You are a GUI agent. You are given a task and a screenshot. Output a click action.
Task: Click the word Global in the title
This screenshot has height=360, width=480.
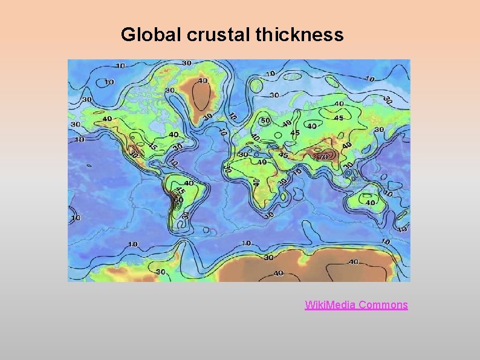pos(152,34)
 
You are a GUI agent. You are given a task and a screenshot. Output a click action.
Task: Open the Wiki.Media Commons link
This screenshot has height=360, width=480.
pos(356,305)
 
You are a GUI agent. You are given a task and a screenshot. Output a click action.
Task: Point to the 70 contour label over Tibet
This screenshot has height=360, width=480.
pos(323,157)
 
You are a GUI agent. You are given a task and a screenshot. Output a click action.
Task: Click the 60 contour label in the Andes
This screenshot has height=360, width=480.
pos(178,199)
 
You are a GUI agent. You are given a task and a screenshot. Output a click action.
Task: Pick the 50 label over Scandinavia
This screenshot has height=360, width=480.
pos(265,120)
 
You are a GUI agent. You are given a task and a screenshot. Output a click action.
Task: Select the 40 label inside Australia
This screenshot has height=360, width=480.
pos(370,203)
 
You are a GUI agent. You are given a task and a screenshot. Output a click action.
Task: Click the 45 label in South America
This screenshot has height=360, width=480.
pos(180,191)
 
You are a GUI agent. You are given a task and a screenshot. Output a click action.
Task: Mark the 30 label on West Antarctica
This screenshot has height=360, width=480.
pos(161,272)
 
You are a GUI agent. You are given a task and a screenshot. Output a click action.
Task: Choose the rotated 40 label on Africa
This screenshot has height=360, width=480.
pos(256,182)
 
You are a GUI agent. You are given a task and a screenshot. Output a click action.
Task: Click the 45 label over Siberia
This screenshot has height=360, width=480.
pos(339,118)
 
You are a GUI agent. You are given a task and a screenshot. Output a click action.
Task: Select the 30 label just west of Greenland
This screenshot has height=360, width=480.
pos(170,90)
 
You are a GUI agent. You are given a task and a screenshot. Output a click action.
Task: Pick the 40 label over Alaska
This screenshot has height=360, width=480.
pos(107,119)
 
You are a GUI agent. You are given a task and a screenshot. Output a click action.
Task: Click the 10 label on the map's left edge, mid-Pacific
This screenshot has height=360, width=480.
pos(76,218)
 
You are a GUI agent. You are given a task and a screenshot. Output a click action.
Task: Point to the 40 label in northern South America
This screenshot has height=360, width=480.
pos(189,183)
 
